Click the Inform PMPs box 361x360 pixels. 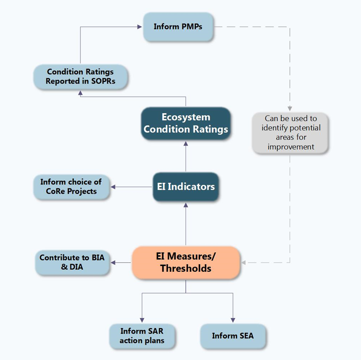(178, 27)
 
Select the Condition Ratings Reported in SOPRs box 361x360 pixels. (80, 77)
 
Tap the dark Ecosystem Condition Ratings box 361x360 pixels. (186, 123)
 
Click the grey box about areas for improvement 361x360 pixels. (290, 133)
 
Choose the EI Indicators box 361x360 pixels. (186, 187)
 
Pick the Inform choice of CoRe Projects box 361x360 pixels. (71, 187)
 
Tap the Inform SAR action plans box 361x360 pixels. (142, 336)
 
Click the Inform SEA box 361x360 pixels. (233, 336)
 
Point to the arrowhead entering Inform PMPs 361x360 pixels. (140, 27)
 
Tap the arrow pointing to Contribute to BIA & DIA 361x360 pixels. (122, 263)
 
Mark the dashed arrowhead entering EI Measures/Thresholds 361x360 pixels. (244, 263)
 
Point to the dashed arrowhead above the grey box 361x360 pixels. (290, 108)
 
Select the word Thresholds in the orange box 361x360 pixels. (186, 269)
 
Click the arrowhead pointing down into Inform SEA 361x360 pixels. (233, 320)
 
